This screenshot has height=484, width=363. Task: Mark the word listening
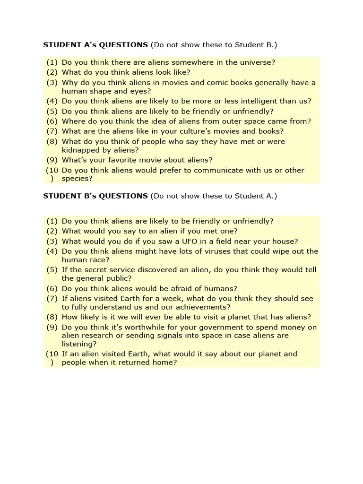point(78,344)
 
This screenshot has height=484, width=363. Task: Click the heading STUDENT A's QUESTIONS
point(95,45)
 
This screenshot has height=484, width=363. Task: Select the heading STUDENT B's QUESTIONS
point(95,196)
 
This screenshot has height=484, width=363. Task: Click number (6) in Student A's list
point(52,121)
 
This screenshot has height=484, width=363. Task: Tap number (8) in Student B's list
point(52,317)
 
